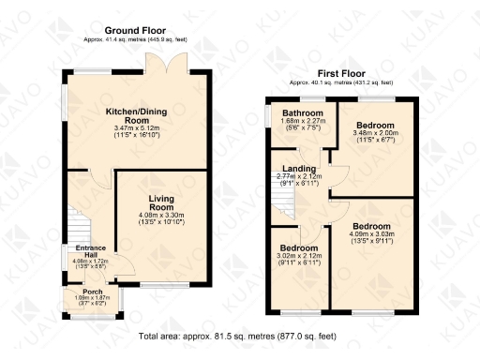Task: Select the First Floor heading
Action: click(340, 73)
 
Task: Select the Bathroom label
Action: click(303, 113)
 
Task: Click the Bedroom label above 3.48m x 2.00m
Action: click(373, 125)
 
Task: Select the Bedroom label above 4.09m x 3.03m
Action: click(381, 227)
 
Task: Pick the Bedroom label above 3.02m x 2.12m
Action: click(299, 247)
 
